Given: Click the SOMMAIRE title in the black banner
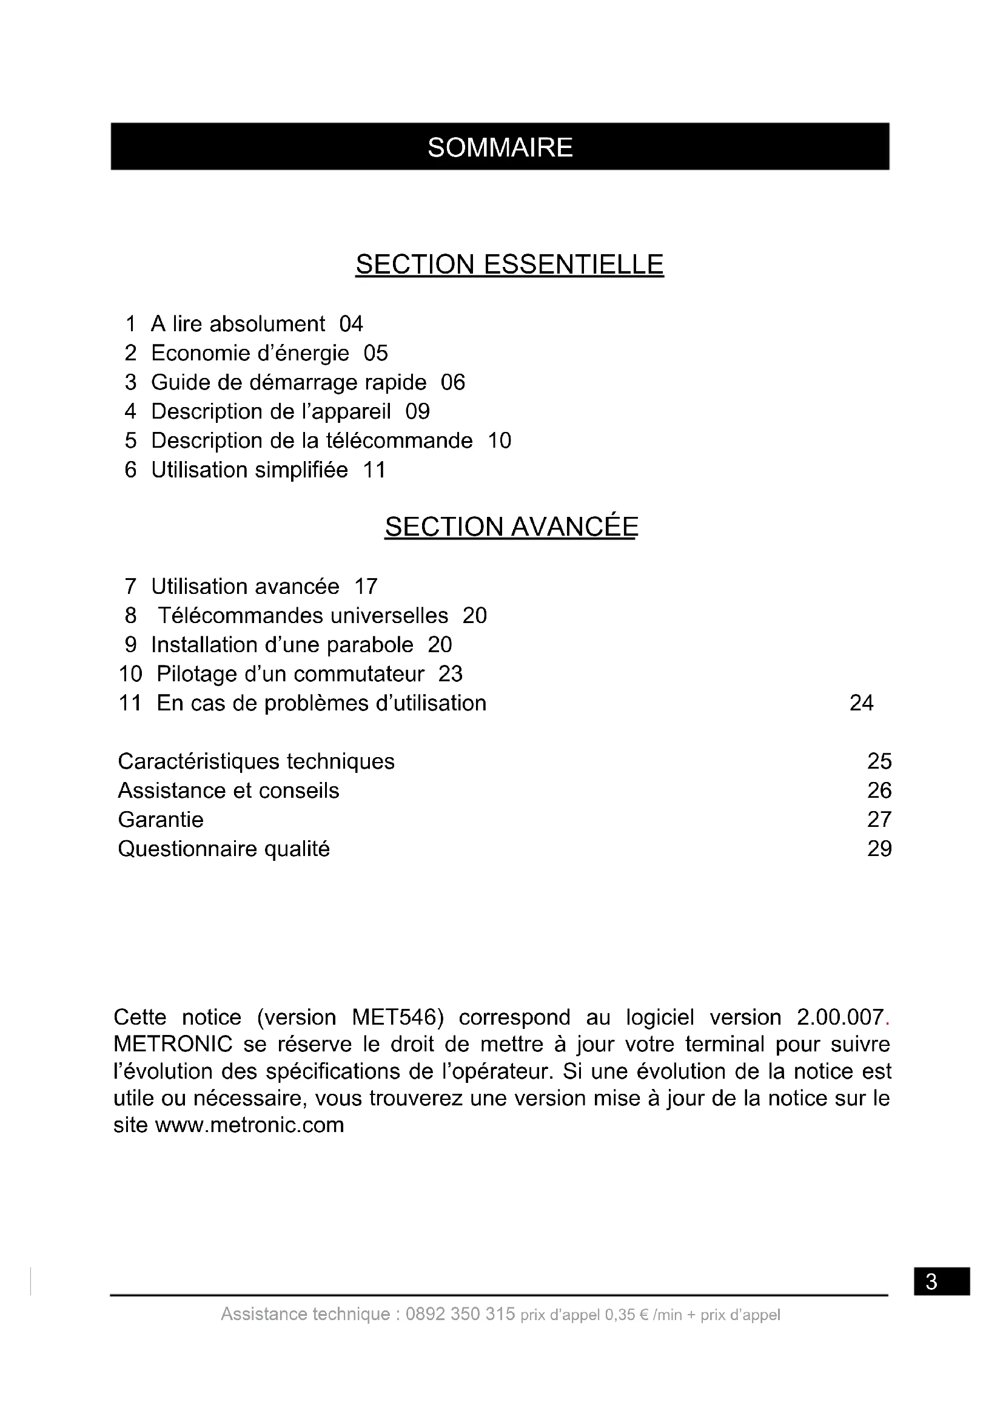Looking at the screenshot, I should [500, 147].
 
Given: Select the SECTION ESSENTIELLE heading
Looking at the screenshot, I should [509, 265].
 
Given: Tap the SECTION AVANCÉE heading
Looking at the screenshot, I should [511, 527].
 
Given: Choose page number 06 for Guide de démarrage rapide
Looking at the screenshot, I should [453, 383].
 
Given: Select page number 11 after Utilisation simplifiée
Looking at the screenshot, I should [374, 470].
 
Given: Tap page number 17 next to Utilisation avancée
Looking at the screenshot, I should [366, 587].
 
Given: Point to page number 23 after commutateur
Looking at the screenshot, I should [450, 674].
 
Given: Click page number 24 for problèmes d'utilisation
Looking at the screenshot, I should [862, 703].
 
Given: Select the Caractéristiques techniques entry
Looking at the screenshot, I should [256, 761].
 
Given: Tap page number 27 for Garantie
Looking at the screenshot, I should [879, 820].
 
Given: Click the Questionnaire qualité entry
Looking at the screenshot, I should [224, 849].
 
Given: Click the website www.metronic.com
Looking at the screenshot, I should [249, 1125].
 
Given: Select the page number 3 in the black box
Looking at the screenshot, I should [932, 1281].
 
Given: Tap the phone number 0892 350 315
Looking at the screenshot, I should [460, 1314].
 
